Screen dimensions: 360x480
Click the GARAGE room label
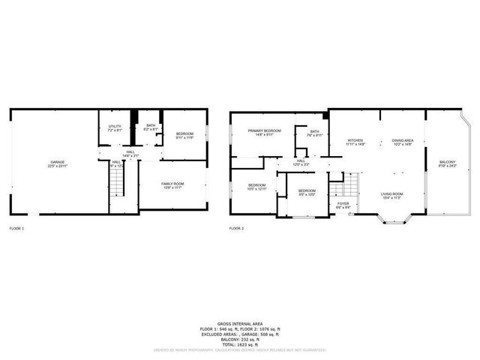coord(57,162)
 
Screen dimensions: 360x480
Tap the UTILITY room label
coord(115,126)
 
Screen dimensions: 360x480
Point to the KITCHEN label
coord(355,140)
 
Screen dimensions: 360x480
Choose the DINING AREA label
coord(403,140)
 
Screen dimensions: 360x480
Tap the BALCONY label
coord(447,162)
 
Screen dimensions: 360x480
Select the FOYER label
coord(343,203)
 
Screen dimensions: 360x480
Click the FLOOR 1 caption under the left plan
coord(16,227)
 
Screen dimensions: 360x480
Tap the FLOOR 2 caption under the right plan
coord(236,227)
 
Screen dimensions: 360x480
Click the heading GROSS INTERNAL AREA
coord(240,319)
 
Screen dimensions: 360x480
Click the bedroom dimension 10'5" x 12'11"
coord(256,189)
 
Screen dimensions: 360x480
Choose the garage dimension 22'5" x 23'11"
coord(57,166)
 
